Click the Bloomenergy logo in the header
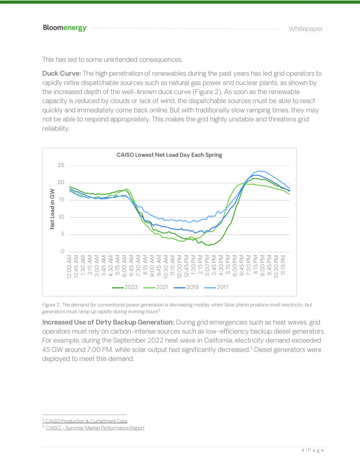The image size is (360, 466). (x=65, y=28)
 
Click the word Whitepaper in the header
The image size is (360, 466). (x=306, y=29)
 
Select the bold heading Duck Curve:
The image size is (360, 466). (x=62, y=73)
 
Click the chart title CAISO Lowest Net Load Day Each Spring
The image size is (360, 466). (x=169, y=155)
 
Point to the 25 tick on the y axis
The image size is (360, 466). (x=61, y=165)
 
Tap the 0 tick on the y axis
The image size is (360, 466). (x=63, y=251)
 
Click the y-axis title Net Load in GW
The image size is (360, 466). (x=52, y=209)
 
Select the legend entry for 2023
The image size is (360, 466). (x=125, y=287)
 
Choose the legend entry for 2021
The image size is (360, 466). (x=156, y=287)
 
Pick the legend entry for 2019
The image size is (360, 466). (x=186, y=287)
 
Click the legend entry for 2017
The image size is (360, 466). (x=216, y=287)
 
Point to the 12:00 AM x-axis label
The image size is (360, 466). (x=69, y=267)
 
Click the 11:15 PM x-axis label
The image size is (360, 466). (x=283, y=265)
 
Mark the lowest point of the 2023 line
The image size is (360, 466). (x=209, y=245)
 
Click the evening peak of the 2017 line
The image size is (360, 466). (x=260, y=171)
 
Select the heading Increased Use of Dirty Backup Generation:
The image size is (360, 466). (x=108, y=322)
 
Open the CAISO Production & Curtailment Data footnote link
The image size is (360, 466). (x=86, y=421)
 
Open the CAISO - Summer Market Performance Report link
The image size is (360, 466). (x=95, y=428)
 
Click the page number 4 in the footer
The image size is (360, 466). (x=303, y=450)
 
